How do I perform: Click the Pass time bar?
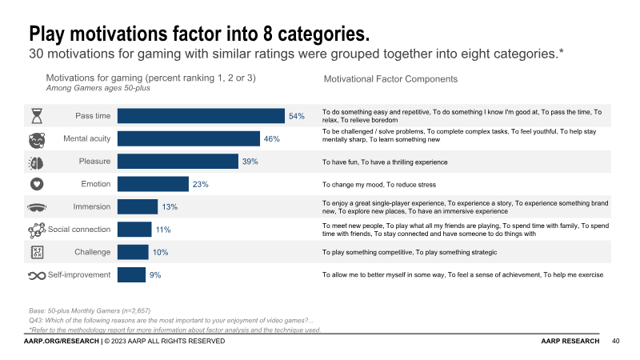(x=201, y=116)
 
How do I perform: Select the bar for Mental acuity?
(x=188, y=138)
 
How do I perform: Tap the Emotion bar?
(x=153, y=184)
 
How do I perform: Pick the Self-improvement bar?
(x=130, y=275)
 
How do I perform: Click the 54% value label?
(x=297, y=116)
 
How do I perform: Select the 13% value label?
(x=170, y=207)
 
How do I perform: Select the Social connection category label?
(x=79, y=230)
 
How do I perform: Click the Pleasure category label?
(x=94, y=162)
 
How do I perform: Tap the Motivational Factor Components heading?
(x=390, y=79)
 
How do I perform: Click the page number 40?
(x=615, y=342)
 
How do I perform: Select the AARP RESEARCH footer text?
(x=570, y=342)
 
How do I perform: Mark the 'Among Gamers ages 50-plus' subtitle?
(x=98, y=88)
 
